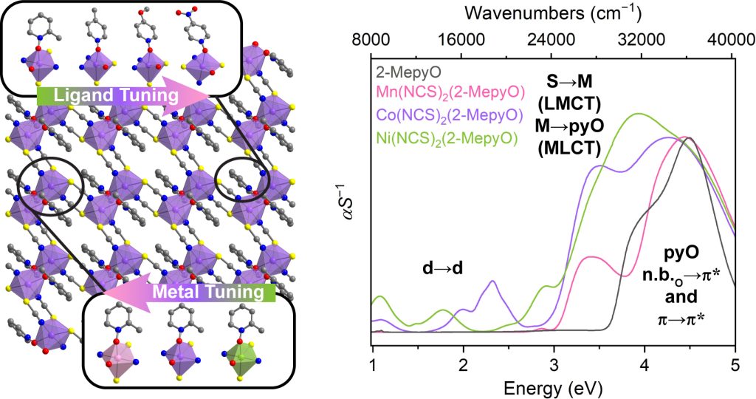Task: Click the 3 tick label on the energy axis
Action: coord(554,365)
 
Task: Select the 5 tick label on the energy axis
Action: coord(735,365)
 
